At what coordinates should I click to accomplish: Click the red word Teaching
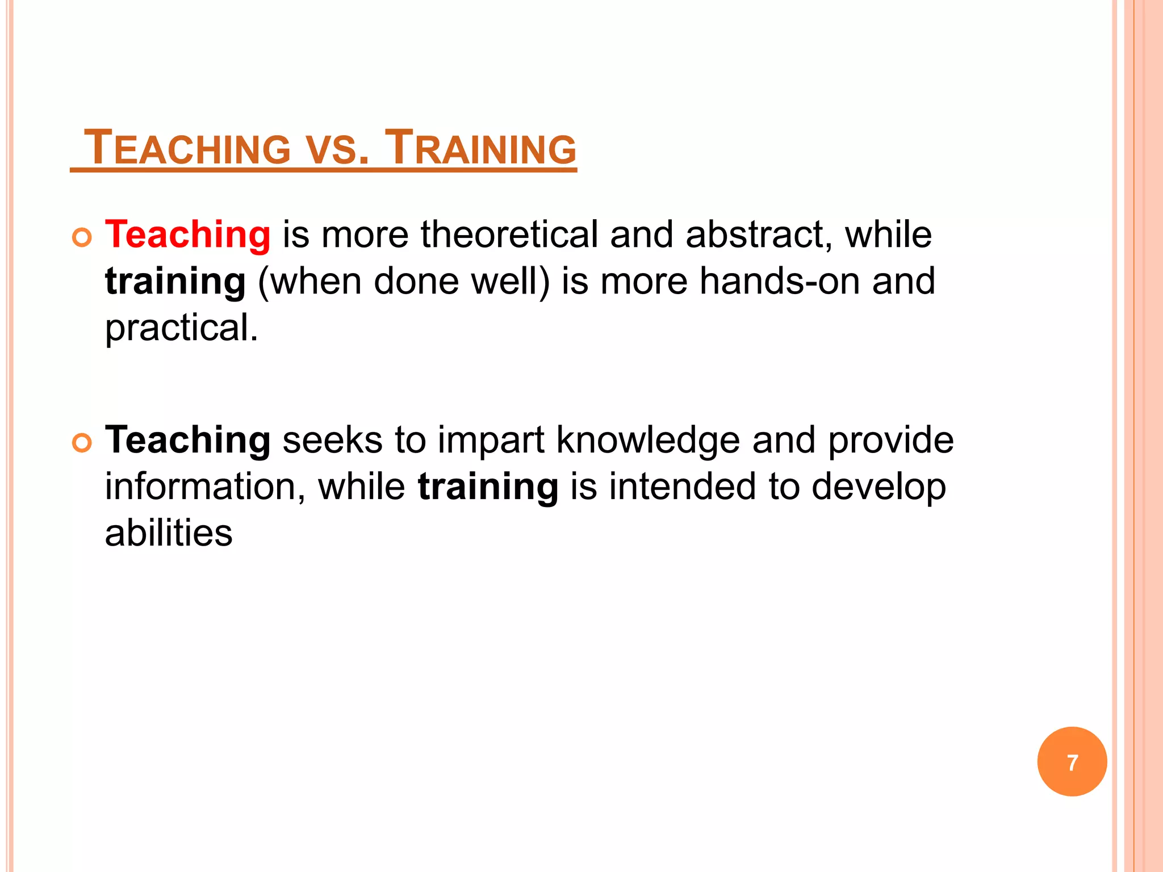point(187,234)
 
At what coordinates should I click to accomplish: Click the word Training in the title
point(480,148)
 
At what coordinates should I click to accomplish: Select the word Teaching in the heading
point(187,148)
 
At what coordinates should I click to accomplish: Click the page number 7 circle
point(1072,762)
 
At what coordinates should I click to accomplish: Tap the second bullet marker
point(82,443)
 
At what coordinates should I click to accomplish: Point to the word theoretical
point(509,234)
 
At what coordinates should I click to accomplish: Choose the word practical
point(181,329)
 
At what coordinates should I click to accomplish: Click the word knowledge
point(647,441)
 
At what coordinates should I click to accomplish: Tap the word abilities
point(169,534)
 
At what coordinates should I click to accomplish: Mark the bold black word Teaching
point(187,441)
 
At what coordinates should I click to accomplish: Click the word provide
point(890,441)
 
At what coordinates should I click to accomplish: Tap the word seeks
point(332,441)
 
